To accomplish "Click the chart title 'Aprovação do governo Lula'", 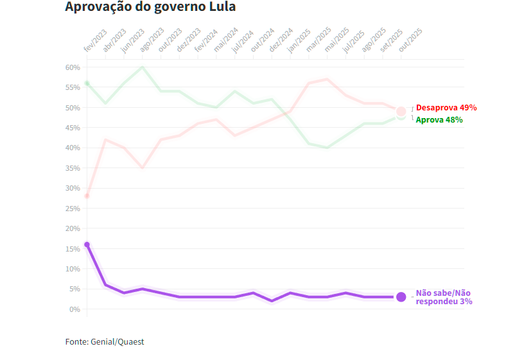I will (150, 8).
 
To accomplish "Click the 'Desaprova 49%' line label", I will (446, 108).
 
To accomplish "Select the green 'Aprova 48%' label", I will (439, 120).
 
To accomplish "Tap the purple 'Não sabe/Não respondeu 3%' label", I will (444, 296).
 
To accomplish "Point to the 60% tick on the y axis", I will (73, 67).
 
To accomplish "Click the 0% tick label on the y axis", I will (74, 309).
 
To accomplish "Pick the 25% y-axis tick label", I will (73, 209).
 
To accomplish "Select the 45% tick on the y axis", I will (73, 128).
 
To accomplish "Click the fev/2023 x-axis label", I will (95, 40).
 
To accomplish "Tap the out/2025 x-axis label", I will (410, 40).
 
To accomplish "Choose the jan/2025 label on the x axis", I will (299, 40).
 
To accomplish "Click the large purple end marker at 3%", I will (401, 296).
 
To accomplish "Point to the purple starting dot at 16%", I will (87, 244).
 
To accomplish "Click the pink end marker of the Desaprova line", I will (401, 112).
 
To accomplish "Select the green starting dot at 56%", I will (87, 83).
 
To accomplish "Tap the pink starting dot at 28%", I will (87, 196).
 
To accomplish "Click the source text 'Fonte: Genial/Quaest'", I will (105, 342).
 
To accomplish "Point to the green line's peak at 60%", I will (143, 67).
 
